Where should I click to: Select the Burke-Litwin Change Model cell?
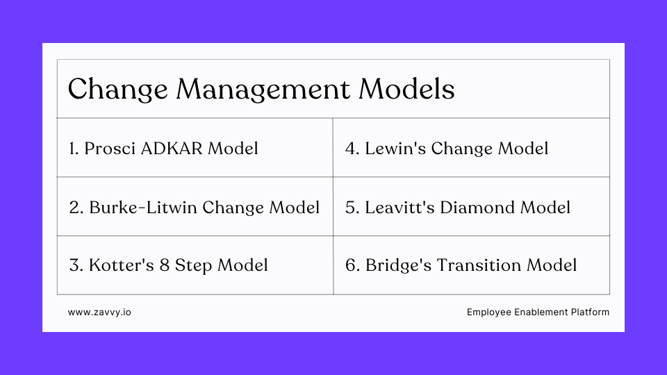(194, 207)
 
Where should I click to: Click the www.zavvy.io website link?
(99, 312)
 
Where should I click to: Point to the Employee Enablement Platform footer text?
(538, 312)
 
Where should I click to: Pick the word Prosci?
(110, 148)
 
